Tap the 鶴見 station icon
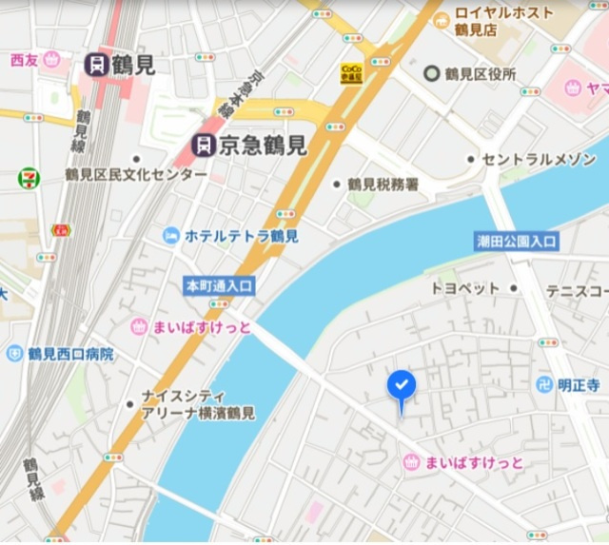click(95, 65)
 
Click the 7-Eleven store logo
click(29, 178)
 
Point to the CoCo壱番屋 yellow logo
click(351, 73)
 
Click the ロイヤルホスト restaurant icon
click(441, 19)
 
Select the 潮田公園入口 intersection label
click(517, 242)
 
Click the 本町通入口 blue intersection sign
click(219, 284)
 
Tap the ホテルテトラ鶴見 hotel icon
click(171, 235)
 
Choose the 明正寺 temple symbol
click(544, 385)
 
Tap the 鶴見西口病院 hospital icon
click(14, 354)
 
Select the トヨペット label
click(465, 287)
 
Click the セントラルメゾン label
click(539, 159)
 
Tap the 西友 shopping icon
click(51, 60)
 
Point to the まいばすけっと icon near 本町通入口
click(139, 327)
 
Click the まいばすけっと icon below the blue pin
click(411, 462)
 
